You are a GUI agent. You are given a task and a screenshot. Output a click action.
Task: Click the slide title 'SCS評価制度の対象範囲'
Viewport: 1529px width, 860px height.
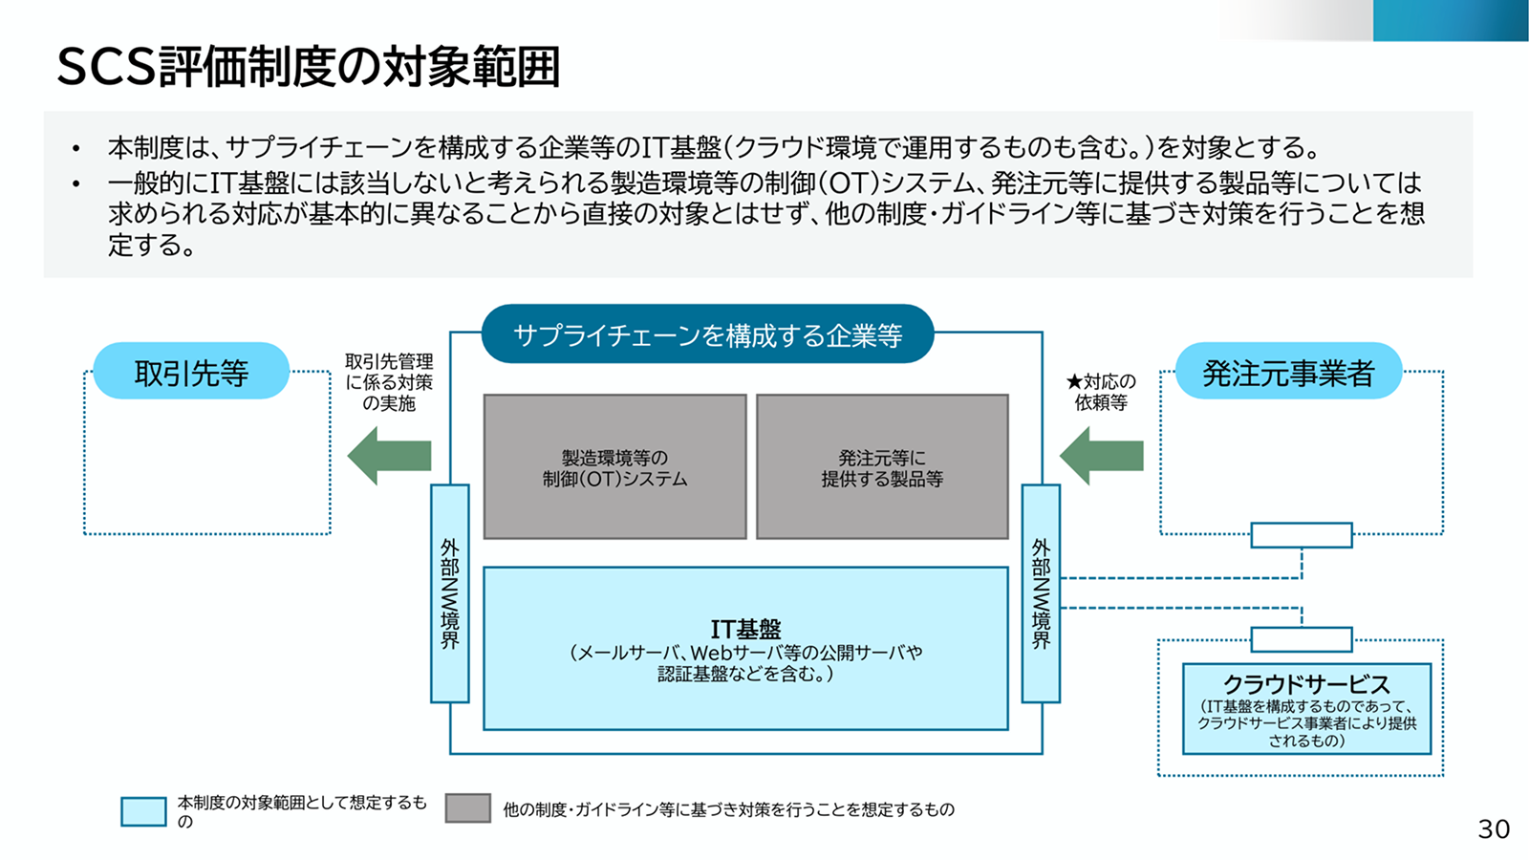pos(309,67)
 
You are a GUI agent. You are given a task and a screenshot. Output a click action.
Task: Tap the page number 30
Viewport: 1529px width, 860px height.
pos(1494,829)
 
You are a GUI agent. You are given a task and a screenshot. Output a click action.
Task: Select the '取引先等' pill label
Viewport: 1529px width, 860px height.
pos(191,372)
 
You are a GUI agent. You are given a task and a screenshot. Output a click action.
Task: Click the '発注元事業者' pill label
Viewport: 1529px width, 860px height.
pos(1288,372)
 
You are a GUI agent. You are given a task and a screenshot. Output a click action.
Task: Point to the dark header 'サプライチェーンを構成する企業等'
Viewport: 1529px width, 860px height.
pos(708,334)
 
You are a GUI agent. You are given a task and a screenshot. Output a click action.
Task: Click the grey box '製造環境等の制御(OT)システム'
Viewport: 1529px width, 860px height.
pos(615,467)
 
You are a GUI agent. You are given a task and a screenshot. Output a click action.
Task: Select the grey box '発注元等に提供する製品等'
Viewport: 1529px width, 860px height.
pos(882,467)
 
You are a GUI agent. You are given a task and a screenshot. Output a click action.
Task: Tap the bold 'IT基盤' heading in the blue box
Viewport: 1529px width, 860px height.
pos(745,629)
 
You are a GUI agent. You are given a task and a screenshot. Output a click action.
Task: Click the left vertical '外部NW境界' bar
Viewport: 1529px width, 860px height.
pos(450,593)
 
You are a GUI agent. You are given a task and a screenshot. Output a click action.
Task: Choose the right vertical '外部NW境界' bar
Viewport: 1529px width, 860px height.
pos(1041,593)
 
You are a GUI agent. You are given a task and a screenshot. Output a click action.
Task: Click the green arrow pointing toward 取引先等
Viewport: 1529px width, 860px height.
pos(389,456)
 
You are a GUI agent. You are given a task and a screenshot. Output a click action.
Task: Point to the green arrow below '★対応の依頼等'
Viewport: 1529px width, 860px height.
pos(1101,456)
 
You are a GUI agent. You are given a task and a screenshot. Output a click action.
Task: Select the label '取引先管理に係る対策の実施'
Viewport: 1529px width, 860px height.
pos(389,382)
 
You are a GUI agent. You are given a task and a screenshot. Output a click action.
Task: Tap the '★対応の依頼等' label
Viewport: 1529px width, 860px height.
pos(1101,392)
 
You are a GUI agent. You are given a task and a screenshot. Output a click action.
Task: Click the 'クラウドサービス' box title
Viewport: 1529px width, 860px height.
pos(1306,684)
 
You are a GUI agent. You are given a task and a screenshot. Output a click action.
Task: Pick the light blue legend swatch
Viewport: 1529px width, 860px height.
pos(143,811)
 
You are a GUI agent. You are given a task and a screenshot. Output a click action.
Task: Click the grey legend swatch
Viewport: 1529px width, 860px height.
pos(467,808)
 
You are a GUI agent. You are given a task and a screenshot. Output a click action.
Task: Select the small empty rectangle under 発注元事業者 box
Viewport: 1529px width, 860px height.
pos(1301,535)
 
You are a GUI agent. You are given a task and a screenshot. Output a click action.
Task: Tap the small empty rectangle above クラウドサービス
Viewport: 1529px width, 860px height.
pos(1301,639)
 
